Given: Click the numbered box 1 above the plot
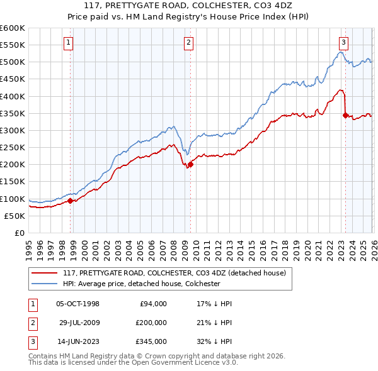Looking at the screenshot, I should pyautogui.click(x=68, y=43).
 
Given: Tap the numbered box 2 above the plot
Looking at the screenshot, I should pyautogui.click(x=188, y=43).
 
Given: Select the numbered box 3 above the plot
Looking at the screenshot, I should pyautogui.click(x=343, y=43).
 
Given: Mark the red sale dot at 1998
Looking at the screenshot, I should pyautogui.click(x=71, y=201).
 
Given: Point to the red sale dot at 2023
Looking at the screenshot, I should pyautogui.click(x=345, y=115).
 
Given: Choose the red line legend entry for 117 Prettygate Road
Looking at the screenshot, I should pyautogui.click(x=175, y=273).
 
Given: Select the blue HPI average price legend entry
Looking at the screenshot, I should pyautogui.click(x=141, y=284).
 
